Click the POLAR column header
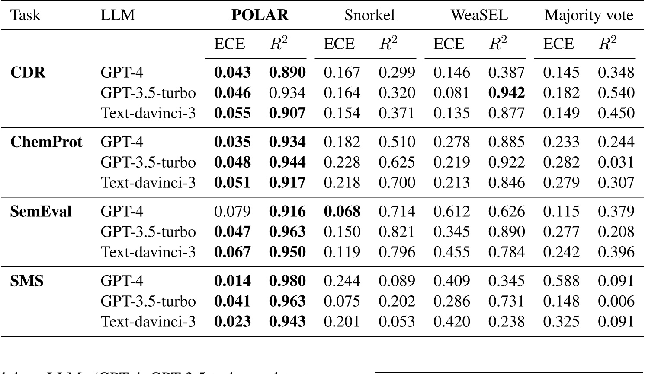coord(260,16)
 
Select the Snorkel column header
coord(369,16)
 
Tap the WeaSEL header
coord(479,16)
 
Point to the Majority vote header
coord(588,16)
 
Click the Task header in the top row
coord(25,16)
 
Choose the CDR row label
coord(28,73)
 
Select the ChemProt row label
coord(46,142)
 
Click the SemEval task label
coord(41,212)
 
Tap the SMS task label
coord(27,281)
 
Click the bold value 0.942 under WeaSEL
coord(506,93)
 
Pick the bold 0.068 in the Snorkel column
coord(342,212)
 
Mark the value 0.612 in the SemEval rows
coord(451,212)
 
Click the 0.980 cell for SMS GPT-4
coord(287,281)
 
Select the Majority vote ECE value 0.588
coord(561,281)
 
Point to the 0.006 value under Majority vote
coord(616,301)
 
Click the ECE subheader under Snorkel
coord(339,44)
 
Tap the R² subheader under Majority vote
coord(607,44)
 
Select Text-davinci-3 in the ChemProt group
coord(148,183)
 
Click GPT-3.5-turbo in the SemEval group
coord(148,232)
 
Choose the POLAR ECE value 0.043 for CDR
coord(232,73)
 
